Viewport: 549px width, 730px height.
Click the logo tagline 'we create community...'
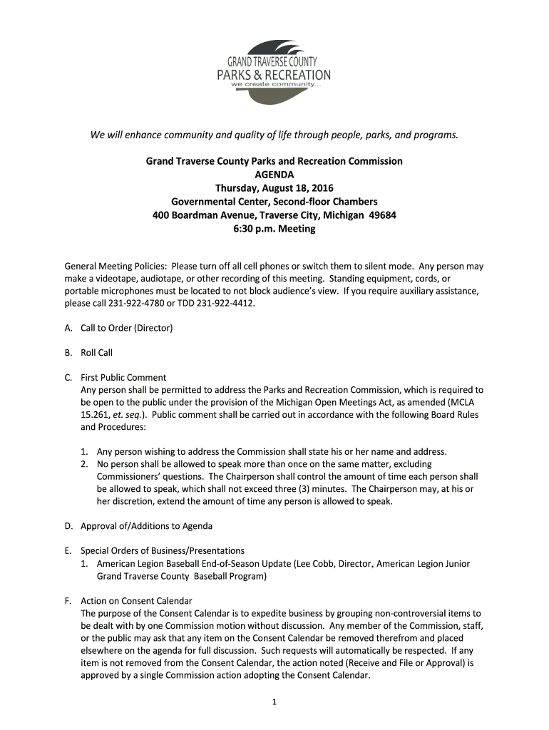[x=272, y=84]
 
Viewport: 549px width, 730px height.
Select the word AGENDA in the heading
[x=274, y=175]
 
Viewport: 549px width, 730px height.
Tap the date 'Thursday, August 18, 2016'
[x=274, y=188]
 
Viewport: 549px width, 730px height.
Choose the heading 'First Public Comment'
[x=123, y=378]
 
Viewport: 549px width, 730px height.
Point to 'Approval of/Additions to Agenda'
[x=146, y=526]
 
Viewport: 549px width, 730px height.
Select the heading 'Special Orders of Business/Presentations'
[x=163, y=551]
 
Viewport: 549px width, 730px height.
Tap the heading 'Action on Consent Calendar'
[x=136, y=601]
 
